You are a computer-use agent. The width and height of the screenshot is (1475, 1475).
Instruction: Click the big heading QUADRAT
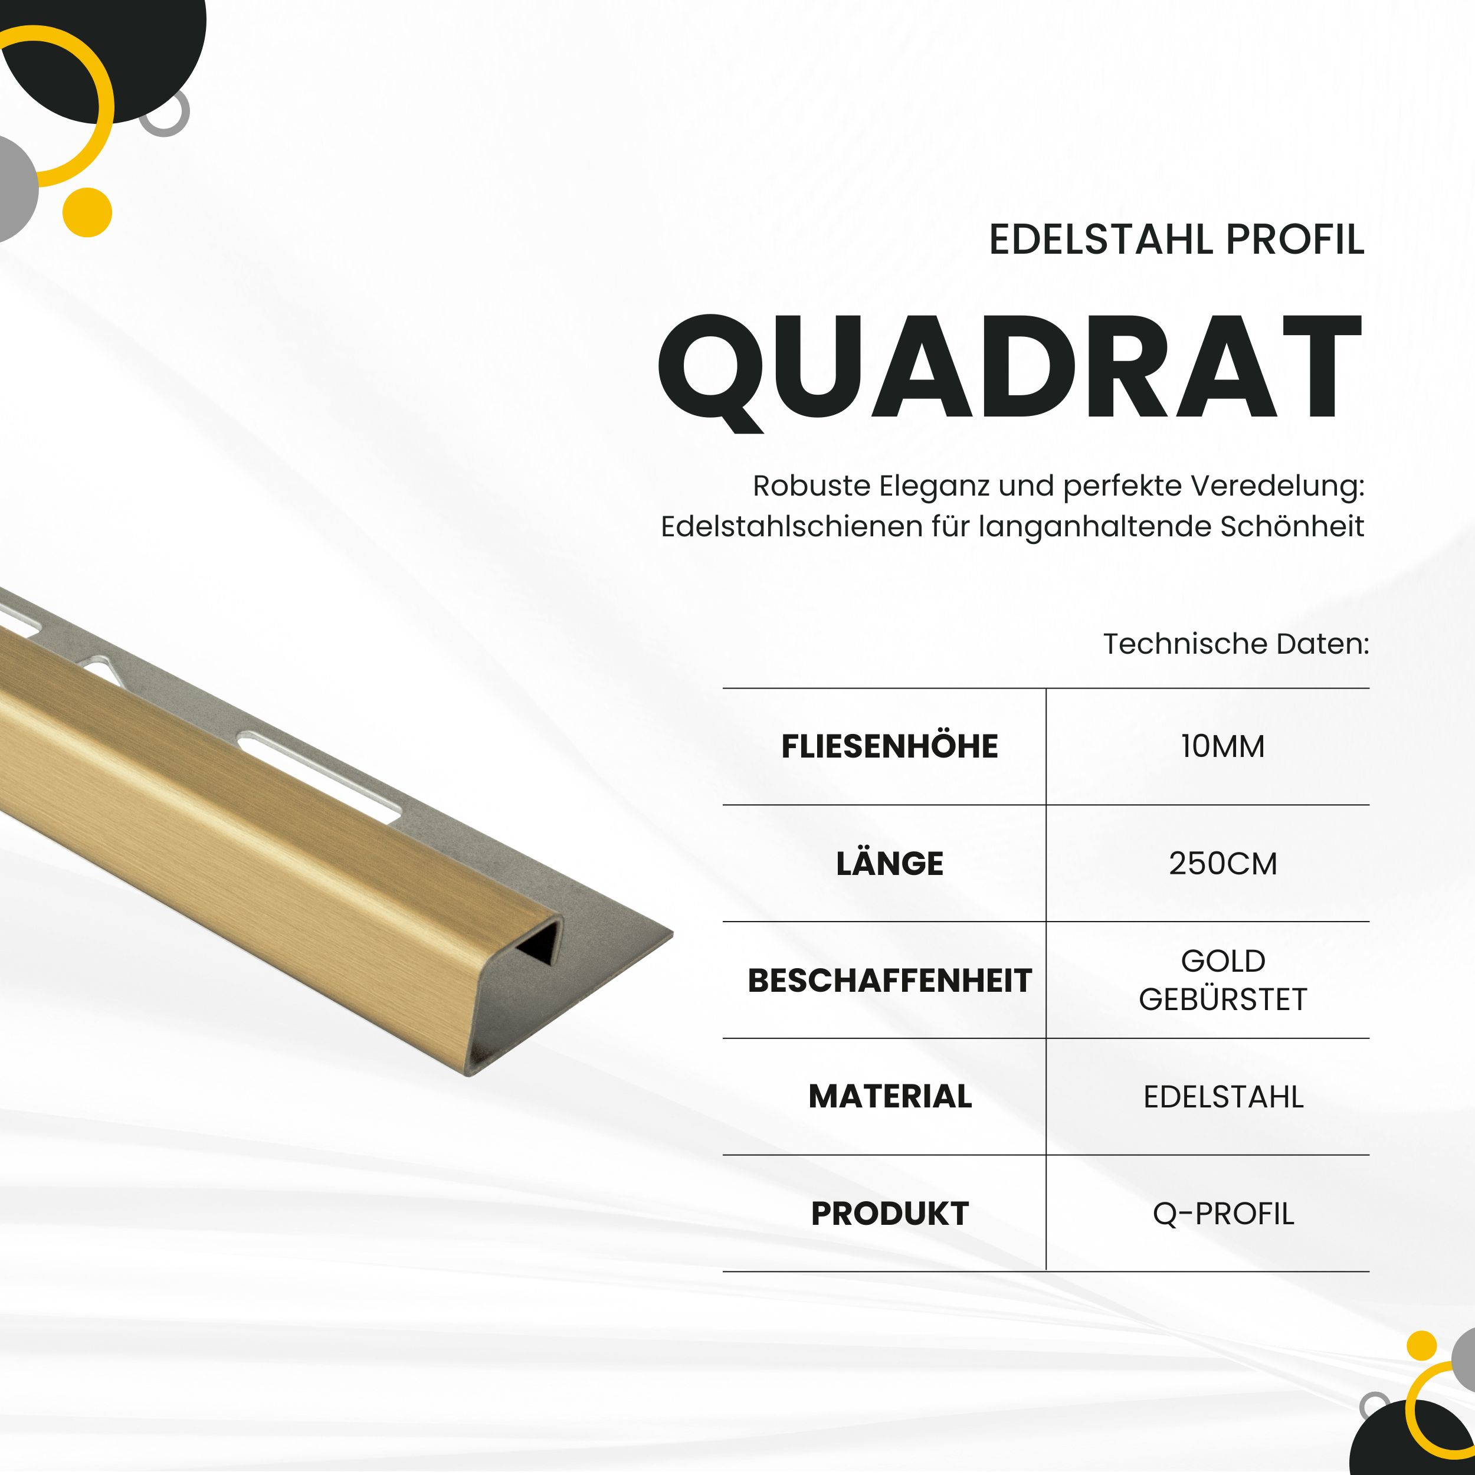(1009, 369)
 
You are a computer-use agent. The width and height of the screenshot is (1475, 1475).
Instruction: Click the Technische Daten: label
(1235, 644)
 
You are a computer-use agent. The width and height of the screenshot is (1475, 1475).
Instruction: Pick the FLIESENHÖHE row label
(890, 746)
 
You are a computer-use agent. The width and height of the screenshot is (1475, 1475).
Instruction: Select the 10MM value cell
(1222, 746)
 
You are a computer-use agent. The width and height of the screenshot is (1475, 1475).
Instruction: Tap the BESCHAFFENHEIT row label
(890, 980)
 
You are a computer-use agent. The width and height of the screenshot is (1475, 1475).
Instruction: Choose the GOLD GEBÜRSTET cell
(1222, 980)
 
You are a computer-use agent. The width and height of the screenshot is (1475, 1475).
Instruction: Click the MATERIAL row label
(890, 1097)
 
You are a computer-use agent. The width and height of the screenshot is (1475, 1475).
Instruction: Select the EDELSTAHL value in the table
(1222, 1097)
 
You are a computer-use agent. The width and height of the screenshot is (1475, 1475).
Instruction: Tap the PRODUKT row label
(890, 1214)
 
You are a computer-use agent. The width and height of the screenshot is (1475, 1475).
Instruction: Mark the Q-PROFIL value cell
(1222, 1214)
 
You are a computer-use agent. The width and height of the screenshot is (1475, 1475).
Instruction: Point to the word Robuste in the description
(811, 486)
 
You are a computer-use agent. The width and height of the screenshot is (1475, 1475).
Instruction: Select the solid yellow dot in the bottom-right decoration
(1421, 1345)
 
